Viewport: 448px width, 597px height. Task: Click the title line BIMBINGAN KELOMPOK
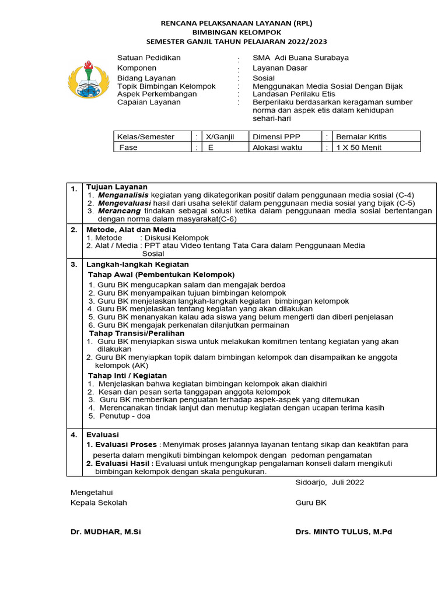[x=236, y=32]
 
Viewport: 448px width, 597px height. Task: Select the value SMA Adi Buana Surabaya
[x=300, y=58]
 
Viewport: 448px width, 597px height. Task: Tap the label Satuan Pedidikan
[x=149, y=58]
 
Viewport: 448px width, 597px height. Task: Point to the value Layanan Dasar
[x=280, y=68]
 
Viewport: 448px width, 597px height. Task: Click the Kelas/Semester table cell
[x=146, y=137]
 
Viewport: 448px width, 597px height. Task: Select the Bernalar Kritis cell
[x=361, y=137]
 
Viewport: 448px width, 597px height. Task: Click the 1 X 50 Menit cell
[x=359, y=148]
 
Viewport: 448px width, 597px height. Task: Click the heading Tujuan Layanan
[x=117, y=187]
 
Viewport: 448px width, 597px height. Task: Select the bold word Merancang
[x=120, y=211]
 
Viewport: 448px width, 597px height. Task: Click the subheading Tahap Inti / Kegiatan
[x=127, y=375]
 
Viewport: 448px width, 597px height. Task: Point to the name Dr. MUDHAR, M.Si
[x=106, y=532]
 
